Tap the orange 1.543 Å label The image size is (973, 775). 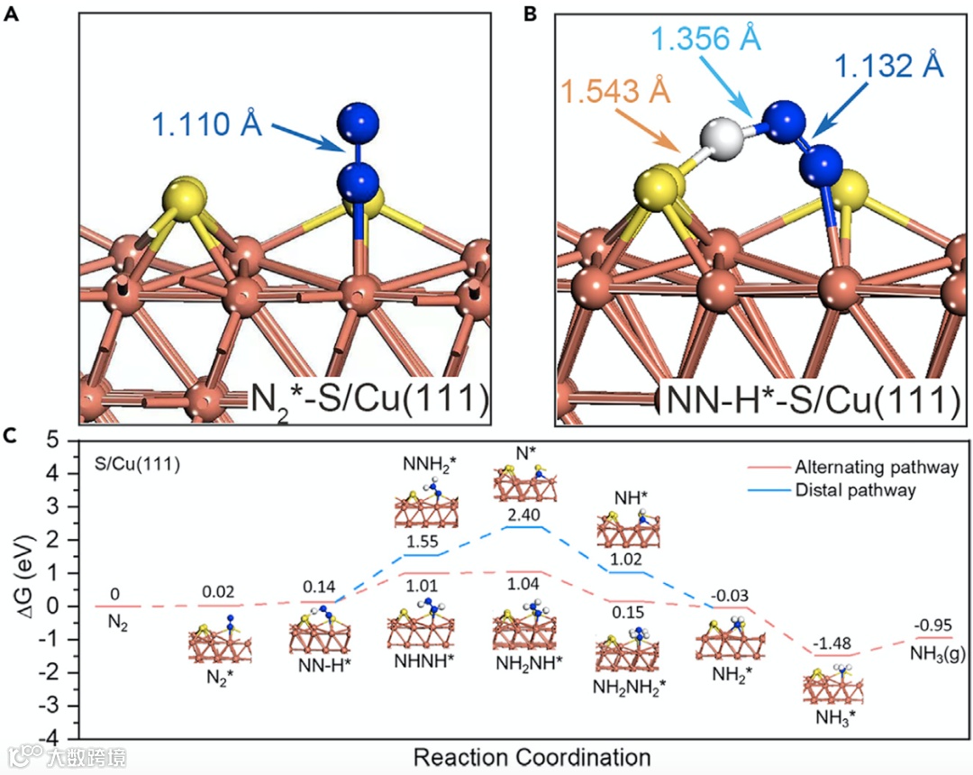[x=614, y=91]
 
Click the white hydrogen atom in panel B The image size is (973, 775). [x=726, y=136]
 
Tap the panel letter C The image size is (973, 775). [x=11, y=435]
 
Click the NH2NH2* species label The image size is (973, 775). [x=630, y=687]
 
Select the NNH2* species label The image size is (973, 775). [x=430, y=465]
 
